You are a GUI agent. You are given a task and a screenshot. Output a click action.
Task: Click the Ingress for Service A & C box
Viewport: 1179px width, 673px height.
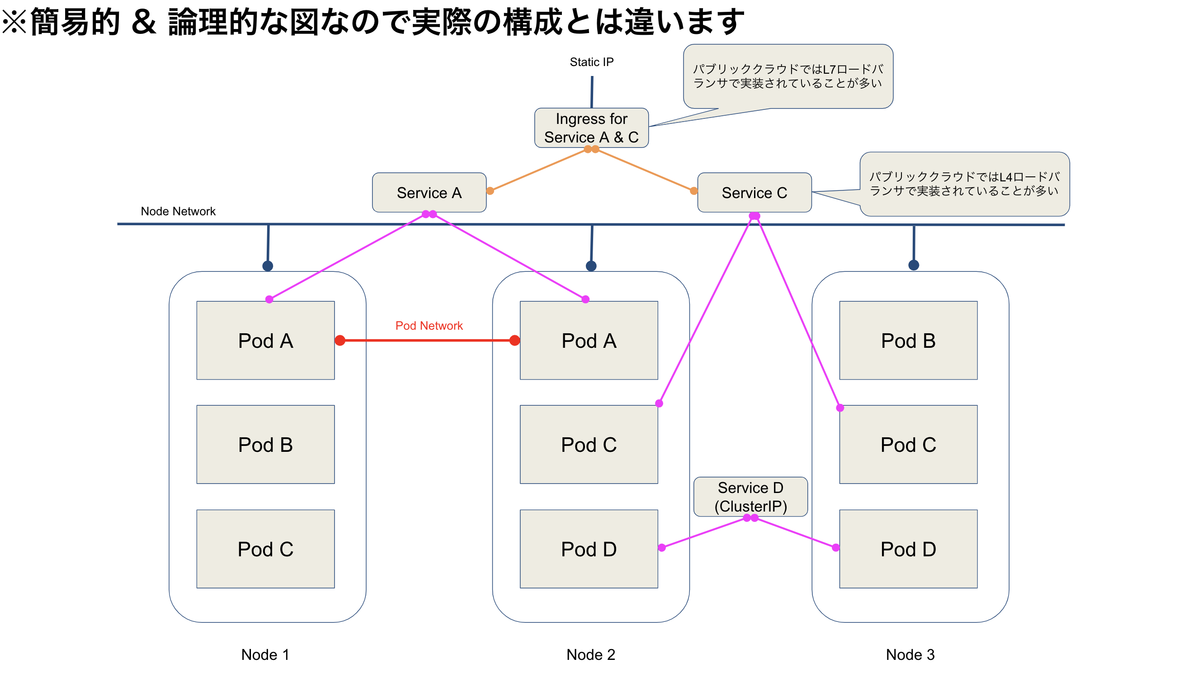click(x=591, y=128)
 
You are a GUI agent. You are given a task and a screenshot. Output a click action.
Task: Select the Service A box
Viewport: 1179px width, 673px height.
click(x=429, y=192)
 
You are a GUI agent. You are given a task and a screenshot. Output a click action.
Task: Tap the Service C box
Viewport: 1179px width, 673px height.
click(x=754, y=192)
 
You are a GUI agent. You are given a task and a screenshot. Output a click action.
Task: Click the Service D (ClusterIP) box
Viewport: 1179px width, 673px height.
click(x=750, y=497)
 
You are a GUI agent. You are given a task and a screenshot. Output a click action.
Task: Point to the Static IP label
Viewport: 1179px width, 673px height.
click(x=591, y=62)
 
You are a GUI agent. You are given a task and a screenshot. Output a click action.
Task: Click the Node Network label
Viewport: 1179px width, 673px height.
click(x=178, y=211)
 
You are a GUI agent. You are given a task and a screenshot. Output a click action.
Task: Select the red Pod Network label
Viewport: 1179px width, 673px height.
click(x=428, y=325)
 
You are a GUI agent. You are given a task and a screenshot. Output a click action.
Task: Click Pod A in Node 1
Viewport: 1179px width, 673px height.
click(x=265, y=340)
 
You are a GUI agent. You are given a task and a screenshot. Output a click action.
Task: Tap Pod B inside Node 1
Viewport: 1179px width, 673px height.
click(x=265, y=444)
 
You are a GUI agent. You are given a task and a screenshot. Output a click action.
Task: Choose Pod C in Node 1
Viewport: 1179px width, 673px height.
click(x=265, y=549)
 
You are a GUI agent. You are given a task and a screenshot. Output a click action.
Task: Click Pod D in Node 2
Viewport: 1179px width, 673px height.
click(x=588, y=549)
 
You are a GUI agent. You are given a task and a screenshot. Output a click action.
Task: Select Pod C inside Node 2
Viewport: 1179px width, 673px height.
click(x=588, y=444)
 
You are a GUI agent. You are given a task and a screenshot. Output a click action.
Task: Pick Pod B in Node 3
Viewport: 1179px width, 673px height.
click(x=908, y=340)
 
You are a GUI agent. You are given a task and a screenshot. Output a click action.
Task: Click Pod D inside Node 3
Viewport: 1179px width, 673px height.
click(x=908, y=549)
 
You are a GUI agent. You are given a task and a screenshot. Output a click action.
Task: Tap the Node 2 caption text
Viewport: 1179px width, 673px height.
click(x=590, y=654)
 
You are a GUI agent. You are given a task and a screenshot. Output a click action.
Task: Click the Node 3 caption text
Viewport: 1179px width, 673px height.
click(x=910, y=654)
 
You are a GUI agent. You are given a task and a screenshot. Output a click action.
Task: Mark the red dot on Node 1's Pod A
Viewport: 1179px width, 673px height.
click(x=340, y=340)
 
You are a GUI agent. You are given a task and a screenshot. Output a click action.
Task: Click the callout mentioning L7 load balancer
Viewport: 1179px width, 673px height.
click(x=788, y=76)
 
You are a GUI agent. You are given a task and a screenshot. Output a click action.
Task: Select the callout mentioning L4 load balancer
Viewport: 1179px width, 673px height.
click(x=964, y=184)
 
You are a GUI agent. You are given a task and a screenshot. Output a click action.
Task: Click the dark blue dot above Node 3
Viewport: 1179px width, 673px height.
click(x=913, y=265)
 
